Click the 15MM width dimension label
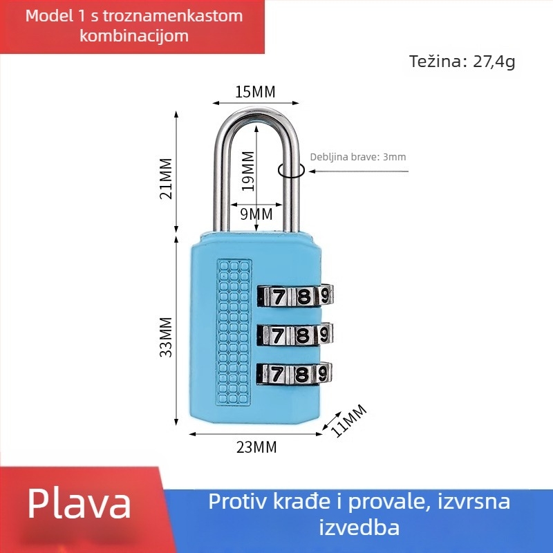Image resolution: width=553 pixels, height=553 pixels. pyautogui.click(x=255, y=92)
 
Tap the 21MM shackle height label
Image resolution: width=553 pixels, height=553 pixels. pyautogui.click(x=166, y=178)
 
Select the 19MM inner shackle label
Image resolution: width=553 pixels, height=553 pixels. pyautogui.click(x=248, y=171)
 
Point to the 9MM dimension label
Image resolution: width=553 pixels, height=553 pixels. pyautogui.click(x=256, y=214)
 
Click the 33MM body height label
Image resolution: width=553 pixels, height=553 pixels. pyautogui.click(x=166, y=337)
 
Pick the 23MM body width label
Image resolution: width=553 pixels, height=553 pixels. pyautogui.click(x=256, y=447)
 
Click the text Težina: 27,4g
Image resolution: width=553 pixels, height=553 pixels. pyautogui.click(x=462, y=62)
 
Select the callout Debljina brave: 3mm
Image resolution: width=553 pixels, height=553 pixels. pyautogui.click(x=358, y=157)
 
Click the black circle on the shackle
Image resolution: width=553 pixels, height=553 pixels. pyautogui.click(x=291, y=170)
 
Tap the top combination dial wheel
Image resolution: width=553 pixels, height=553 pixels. pyautogui.click(x=295, y=297)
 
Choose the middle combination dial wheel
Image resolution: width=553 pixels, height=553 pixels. pyautogui.click(x=295, y=335)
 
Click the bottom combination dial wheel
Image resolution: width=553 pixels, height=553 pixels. pyautogui.click(x=295, y=374)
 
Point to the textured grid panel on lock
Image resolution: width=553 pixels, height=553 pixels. pyautogui.click(x=233, y=332)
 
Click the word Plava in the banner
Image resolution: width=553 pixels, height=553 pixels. pyautogui.click(x=79, y=504)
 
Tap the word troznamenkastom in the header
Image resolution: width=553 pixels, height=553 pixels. pyautogui.click(x=171, y=16)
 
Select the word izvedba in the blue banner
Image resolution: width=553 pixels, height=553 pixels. pyautogui.click(x=359, y=527)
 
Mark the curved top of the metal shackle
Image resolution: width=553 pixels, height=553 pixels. pyautogui.click(x=256, y=111)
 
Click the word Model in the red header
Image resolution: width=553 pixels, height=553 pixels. pyautogui.click(x=48, y=16)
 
